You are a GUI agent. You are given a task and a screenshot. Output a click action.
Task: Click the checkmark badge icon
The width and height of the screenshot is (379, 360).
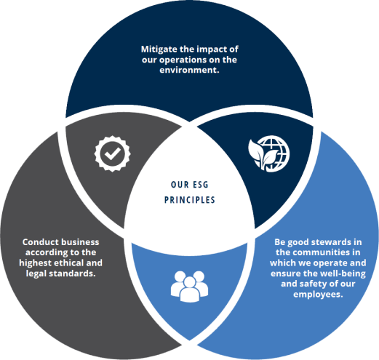tap(112, 153)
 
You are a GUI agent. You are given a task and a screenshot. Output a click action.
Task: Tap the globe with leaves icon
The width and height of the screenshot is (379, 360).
tap(269, 153)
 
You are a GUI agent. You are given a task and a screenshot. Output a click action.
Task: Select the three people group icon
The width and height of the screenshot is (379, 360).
tap(189, 287)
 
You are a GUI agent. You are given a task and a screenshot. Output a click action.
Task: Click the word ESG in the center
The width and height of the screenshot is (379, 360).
tap(200, 185)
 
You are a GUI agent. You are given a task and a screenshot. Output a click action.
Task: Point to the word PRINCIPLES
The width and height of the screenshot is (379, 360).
tap(190, 200)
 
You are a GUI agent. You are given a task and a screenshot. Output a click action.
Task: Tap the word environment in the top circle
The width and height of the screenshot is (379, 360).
tap(188, 70)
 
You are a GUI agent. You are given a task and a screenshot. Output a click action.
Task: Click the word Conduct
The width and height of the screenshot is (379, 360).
tap(40, 242)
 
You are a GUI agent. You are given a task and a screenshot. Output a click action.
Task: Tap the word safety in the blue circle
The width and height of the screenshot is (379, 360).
tap(313, 284)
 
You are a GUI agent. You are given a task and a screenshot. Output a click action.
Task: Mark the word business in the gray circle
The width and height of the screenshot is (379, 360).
tap(80, 242)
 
